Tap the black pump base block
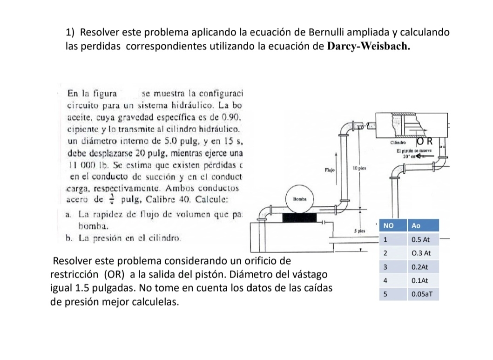[x=299, y=217]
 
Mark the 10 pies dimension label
[x=358, y=166]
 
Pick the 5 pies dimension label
[x=358, y=231]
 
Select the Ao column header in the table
[x=416, y=225]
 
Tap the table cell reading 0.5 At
[x=419, y=239]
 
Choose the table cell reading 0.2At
[x=419, y=268]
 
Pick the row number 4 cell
[x=385, y=281]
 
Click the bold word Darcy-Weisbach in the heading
[x=369, y=47]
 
